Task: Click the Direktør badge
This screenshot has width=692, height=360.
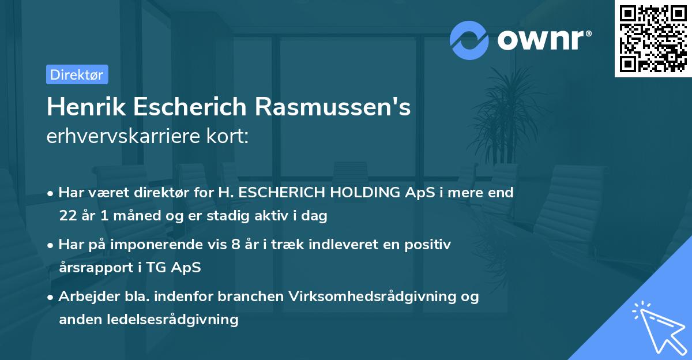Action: [x=77, y=74]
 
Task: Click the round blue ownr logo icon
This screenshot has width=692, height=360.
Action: [x=469, y=40]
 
